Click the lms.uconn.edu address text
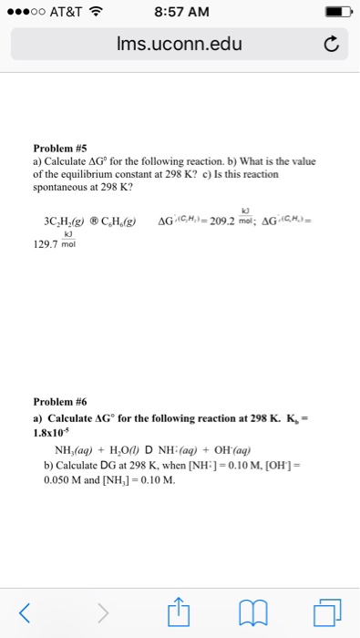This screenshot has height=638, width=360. point(180,43)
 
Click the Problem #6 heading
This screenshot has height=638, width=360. point(58,401)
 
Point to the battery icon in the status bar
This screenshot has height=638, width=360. point(334,12)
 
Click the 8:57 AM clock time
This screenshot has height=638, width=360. point(180,12)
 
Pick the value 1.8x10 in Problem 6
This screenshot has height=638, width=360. point(46,433)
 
